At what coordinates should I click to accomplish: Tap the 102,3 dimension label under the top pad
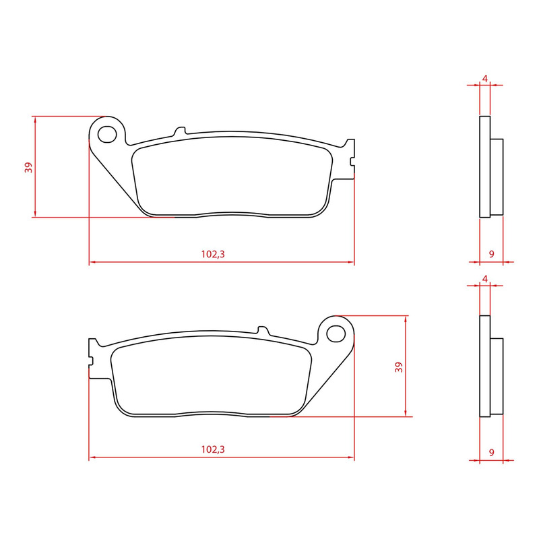point(213,255)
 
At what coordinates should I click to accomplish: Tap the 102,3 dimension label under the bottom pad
point(213,449)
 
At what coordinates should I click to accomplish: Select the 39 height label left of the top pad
point(28,167)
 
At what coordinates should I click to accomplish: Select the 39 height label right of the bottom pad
point(399,367)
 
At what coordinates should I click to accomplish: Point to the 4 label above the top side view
point(484,79)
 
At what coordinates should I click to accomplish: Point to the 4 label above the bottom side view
point(484,279)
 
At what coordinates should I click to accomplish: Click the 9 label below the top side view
point(492,254)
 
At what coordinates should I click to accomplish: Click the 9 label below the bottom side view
point(492,452)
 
